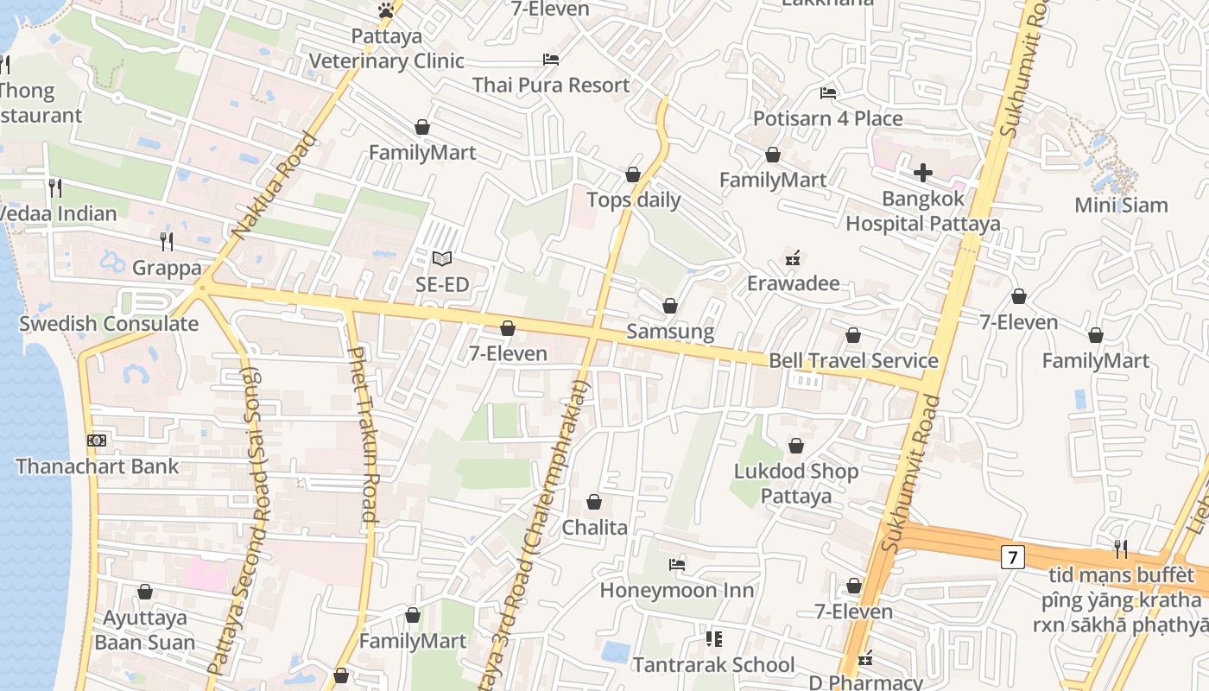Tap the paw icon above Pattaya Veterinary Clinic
click(x=386, y=10)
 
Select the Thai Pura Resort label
click(x=551, y=86)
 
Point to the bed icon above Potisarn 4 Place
click(x=828, y=93)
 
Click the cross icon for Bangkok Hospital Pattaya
click(x=922, y=173)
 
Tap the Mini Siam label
click(x=1120, y=206)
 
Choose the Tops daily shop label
click(x=633, y=200)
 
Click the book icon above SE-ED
click(x=442, y=258)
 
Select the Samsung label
click(x=670, y=332)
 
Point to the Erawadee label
click(x=793, y=284)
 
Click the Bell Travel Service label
click(x=853, y=361)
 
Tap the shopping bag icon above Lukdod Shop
click(x=795, y=446)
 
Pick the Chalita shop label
click(x=594, y=528)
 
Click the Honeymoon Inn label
click(x=676, y=591)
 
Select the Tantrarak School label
click(x=713, y=665)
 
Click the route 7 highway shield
click(x=1012, y=557)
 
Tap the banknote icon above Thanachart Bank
click(x=97, y=441)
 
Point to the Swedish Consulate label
click(x=109, y=325)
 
